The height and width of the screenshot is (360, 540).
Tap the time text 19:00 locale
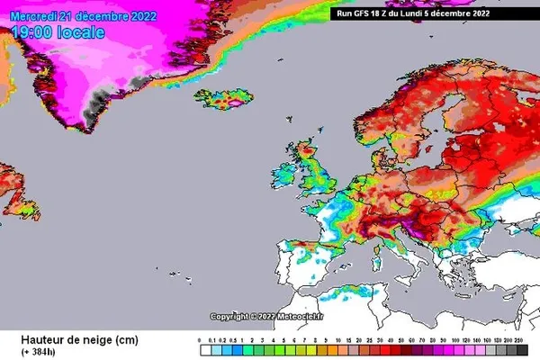coord(58,32)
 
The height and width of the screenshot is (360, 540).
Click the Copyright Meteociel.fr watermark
coord(269,316)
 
